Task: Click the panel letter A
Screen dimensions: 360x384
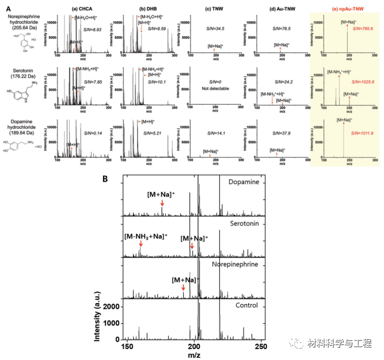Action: pos(8,8)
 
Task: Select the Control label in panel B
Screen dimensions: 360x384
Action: pos(244,305)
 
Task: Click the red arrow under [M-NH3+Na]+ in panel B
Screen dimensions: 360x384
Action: pos(140,246)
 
